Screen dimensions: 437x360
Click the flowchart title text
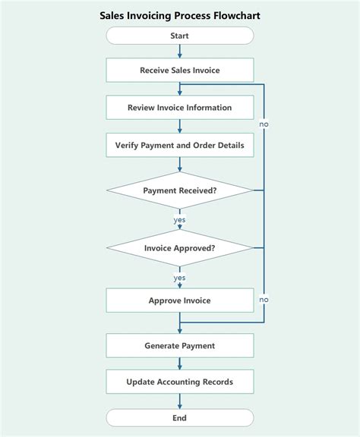pos(179,14)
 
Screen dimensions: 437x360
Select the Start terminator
pos(180,36)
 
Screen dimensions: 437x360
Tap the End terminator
pos(180,417)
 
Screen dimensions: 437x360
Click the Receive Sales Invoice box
pos(180,70)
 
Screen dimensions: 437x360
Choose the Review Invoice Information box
pos(180,108)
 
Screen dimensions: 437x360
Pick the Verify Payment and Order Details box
pos(180,145)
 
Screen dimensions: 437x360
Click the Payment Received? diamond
pos(180,190)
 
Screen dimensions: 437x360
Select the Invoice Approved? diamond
pos(180,248)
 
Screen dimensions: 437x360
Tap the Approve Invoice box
pos(180,300)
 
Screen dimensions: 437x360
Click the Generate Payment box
pos(180,346)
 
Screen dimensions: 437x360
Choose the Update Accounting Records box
pos(180,382)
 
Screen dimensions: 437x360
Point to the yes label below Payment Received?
pos(180,220)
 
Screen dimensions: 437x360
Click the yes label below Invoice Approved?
pos(180,278)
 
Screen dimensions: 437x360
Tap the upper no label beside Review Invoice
pos(264,124)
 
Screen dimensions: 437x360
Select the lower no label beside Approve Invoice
pos(264,300)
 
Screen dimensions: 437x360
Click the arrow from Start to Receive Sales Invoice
pos(180,51)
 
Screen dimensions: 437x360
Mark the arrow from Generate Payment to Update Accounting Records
pos(180,363)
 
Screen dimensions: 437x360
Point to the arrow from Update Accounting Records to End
pos(180,400)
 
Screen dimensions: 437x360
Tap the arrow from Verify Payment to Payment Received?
pos(180,164)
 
